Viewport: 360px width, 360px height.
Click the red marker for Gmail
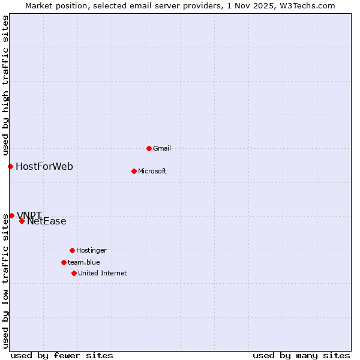pos(149,148)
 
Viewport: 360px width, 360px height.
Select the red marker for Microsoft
pos(134,171)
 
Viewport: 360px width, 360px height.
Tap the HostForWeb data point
pos(10,166)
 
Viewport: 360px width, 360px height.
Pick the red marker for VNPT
pos(11,215)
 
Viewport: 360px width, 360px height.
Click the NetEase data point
pos(22,221)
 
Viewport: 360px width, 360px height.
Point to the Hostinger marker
pos(72,250)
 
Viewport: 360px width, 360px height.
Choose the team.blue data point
pos(64,262)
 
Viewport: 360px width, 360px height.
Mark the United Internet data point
pos(74,273)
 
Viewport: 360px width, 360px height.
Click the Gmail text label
pos(162,148)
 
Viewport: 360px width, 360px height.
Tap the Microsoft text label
pos(152,171)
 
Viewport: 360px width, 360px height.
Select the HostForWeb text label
pos(44,166)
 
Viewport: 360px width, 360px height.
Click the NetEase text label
pos(47,221)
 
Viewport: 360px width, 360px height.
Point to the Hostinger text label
pos(91,250)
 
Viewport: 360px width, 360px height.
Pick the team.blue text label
pos(84,262)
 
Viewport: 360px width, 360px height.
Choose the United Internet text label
pos(103,273)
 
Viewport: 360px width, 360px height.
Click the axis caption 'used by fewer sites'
pos(62,355)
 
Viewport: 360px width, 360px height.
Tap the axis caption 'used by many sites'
pos(301,355)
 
